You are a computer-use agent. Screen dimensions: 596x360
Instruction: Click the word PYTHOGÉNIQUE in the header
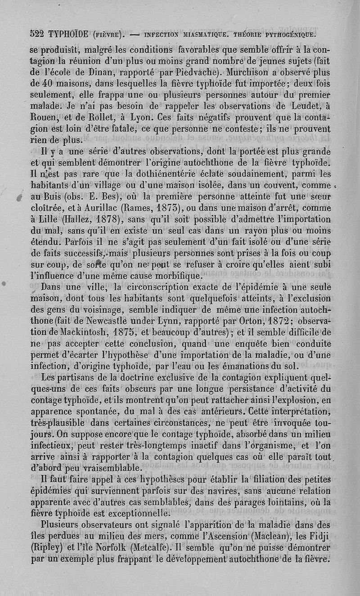pos(290,33)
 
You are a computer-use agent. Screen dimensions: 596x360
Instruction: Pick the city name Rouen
pos(44,117)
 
